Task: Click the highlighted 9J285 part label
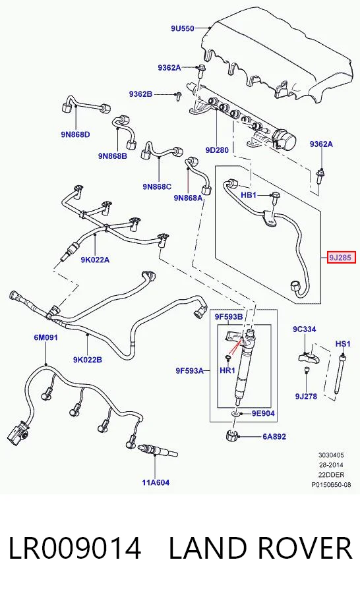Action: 342,258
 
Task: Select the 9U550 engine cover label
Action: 183,28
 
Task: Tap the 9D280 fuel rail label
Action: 217,150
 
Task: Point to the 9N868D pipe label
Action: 75,134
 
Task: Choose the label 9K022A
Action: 95,260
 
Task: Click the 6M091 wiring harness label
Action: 45,337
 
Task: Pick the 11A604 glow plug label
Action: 156,482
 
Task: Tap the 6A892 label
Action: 274,436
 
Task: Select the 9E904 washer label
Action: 263,413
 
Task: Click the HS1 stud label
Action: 343,344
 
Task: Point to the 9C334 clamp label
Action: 305,329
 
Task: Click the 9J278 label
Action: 306,396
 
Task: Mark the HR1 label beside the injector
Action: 227,370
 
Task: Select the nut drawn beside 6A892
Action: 231,436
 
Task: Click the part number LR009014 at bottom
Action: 75,548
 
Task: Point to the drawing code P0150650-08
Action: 331,484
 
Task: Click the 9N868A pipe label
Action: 188,198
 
